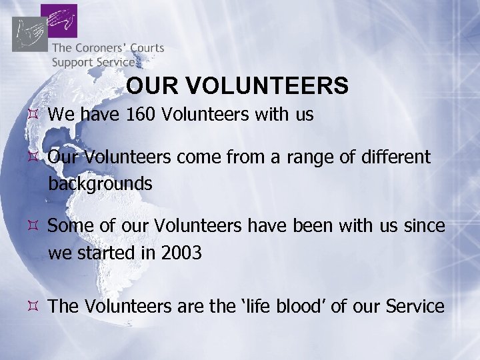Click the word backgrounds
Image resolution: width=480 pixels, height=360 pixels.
pyautogui.click(x=100, y=183)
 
